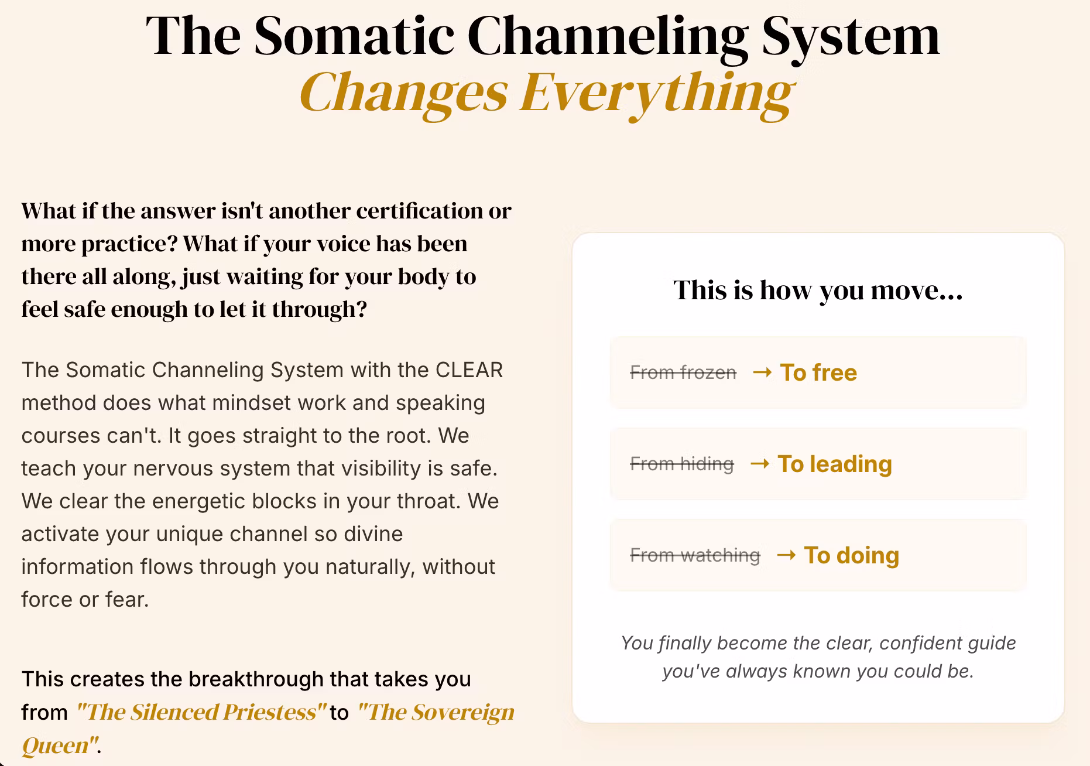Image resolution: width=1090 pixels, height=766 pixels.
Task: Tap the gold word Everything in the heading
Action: pyautogui.click(x=656, y=93)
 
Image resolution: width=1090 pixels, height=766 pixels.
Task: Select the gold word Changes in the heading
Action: pyautogui.click(x=403, y=93)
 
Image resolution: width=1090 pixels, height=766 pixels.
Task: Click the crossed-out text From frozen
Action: pyautogui.click(x=683, y=372)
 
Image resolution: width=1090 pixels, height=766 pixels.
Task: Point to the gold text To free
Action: pyautogui.click(x=818, y=372)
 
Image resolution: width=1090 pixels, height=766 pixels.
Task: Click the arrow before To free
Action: pyautogui.click(x=762, y=372)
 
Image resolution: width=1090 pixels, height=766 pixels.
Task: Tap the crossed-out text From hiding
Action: pyautogui.click(x=682, y=464)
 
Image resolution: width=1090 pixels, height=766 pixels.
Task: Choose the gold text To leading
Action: pyautogui.click(x=835, y=464)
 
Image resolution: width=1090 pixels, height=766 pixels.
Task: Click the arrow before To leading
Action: pyautogui.click(x=759, y=464)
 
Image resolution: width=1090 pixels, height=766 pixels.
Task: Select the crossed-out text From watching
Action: pyautogui.click(x=695, y=555)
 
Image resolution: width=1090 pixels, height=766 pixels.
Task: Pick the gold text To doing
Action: pyautogui.click(x=852, y=555)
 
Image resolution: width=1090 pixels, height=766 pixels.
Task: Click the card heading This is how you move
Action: pyautogui.click(x=818, y=290)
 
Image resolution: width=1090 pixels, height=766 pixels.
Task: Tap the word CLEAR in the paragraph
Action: pyautogui.click(x=469, y=370)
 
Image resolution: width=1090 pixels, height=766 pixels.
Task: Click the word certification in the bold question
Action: pyautogui.click(x=419, y=211)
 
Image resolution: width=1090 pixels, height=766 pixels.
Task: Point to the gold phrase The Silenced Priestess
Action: pyautogui.click(x=201, y=712)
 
